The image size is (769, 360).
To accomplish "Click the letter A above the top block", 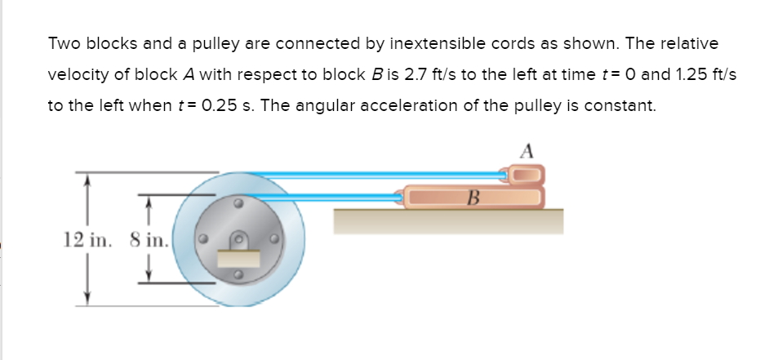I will (527, 151).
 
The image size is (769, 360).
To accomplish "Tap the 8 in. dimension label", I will (149, 240).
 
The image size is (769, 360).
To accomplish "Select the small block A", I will (527, 174).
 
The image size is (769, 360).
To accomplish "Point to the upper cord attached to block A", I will (367, 174).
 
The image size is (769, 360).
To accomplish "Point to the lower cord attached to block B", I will (343, 197).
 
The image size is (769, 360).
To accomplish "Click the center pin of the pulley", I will (239, 241).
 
